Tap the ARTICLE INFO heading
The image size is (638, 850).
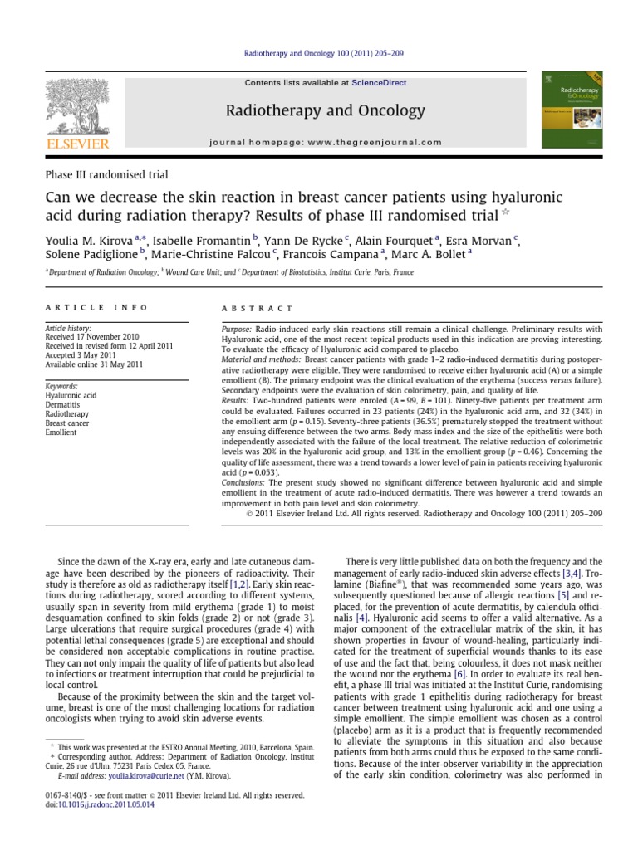coord(96,308)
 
